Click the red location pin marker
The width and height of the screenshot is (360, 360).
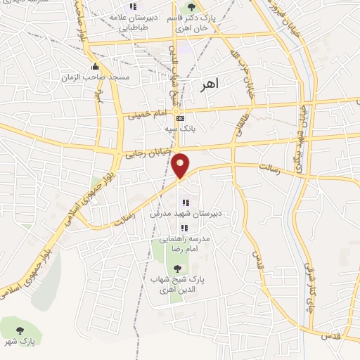[x=181, y=165]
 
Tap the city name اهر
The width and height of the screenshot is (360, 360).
[x=209, y=84]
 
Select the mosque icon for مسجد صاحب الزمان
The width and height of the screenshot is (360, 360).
[x=96, y=67]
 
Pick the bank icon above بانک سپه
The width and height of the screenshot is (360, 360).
[x=181, y=118]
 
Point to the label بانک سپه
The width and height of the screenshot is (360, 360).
[x=180, y=129]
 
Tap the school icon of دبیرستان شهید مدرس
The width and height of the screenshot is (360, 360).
[x=185, y=203]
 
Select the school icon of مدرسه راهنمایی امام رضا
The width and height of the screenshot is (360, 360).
[x=184, y=228]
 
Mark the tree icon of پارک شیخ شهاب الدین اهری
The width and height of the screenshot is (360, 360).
[x=177, y=268]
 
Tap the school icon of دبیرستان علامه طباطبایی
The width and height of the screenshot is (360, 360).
[x=133, y=6]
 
